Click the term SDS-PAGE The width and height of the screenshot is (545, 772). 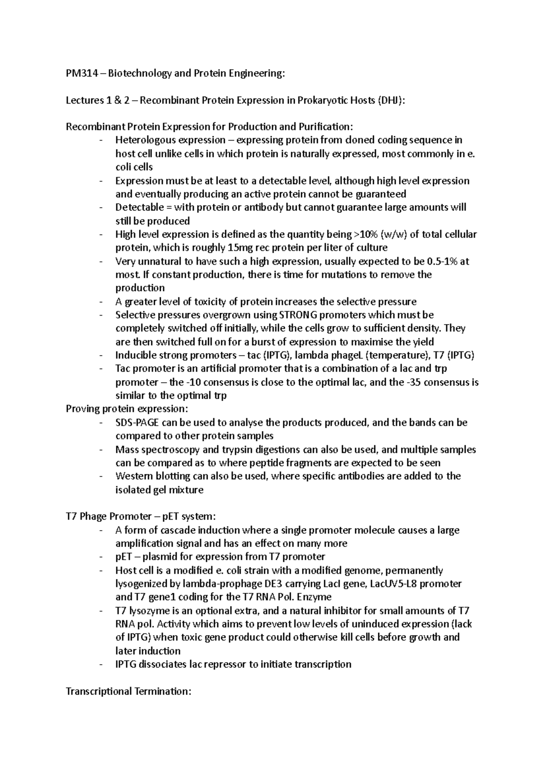pos(137,422)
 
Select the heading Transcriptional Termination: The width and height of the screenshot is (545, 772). pos(129,692)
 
